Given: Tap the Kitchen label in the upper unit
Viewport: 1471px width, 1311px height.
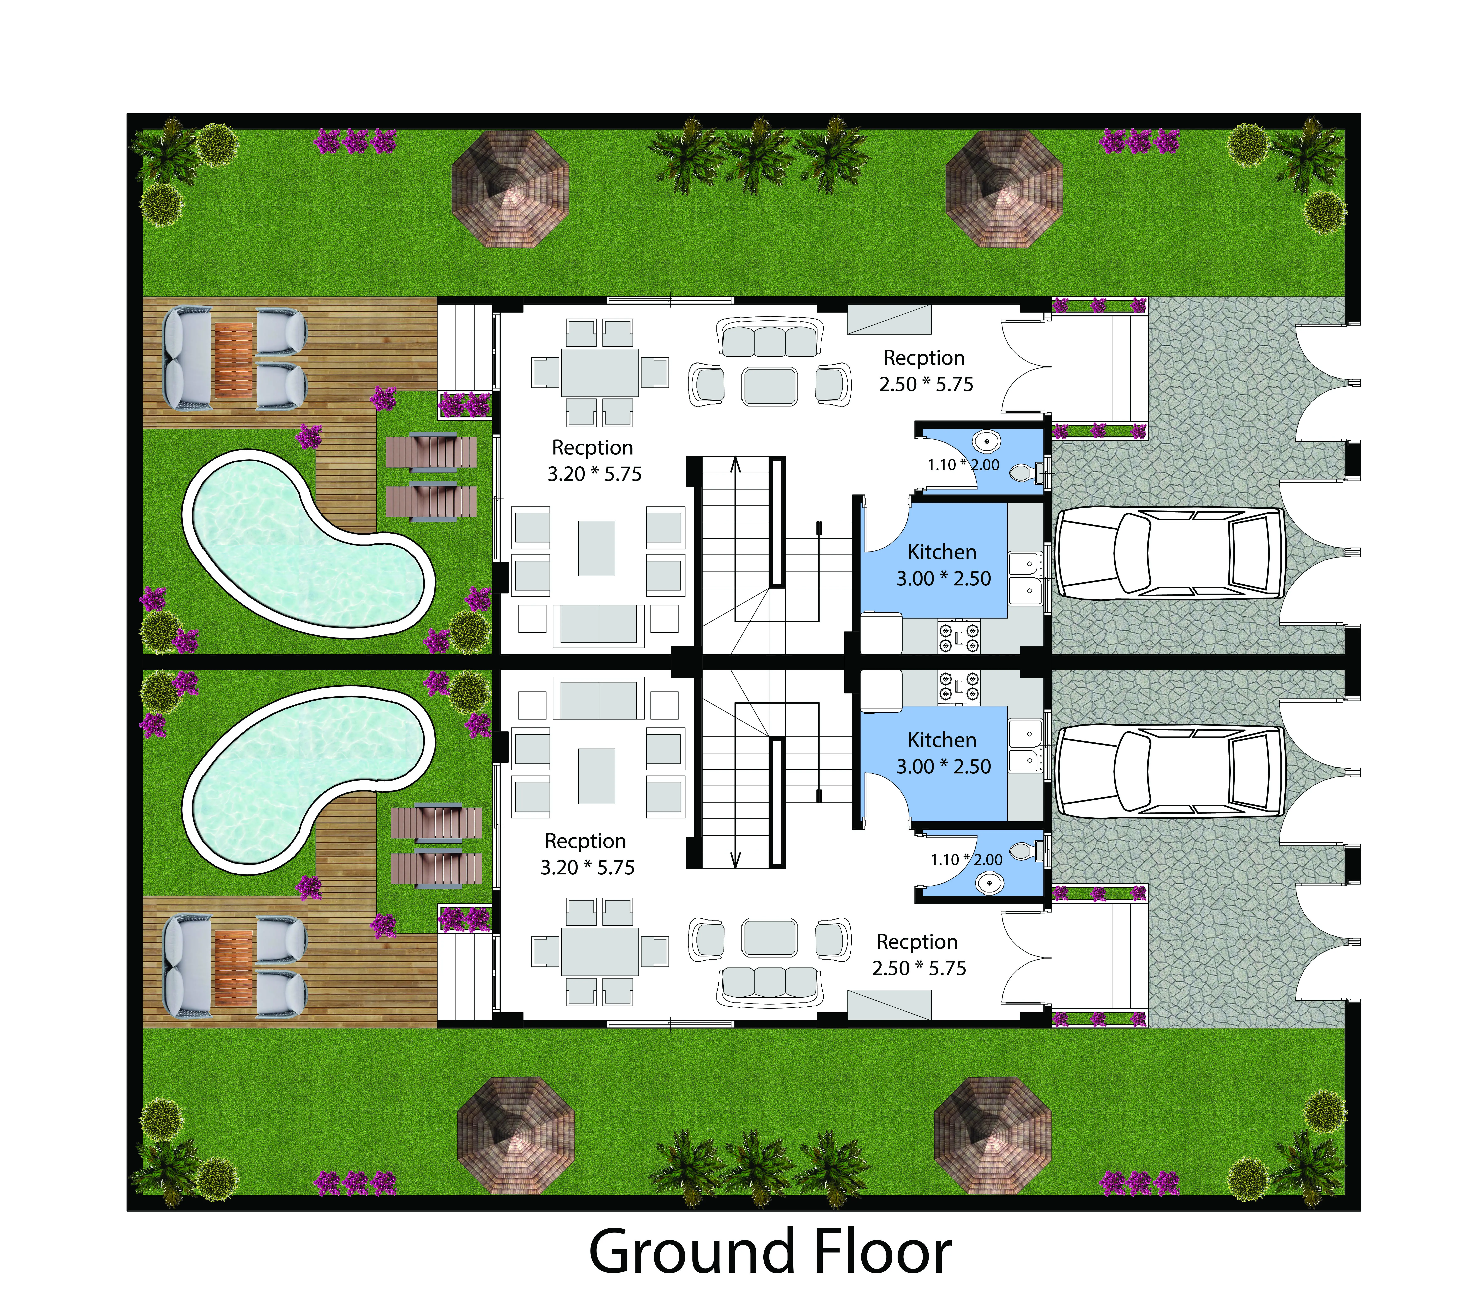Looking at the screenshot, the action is click(942, 553).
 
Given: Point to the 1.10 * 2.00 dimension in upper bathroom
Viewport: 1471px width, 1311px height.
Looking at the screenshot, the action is click(963, 465).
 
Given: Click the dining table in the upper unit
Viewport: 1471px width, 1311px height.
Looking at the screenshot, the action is click(600, 372).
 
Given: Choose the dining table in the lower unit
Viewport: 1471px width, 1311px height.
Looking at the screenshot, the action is click(600, 952).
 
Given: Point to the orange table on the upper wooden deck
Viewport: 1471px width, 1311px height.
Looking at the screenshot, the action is click(234, 360).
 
